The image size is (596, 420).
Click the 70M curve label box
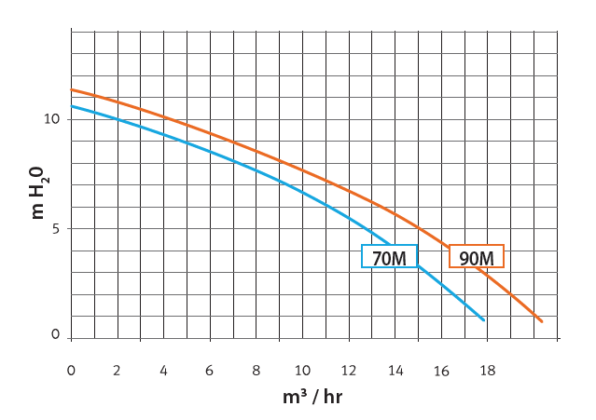point(389,256)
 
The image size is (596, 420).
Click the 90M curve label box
point(477,256)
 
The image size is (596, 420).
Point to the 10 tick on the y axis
point(51,119)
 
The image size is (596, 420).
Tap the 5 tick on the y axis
point(55,228)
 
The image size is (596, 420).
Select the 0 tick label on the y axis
point(55,335)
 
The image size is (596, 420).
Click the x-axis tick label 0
point(71,371)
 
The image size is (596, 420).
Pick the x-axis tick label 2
point(117,371)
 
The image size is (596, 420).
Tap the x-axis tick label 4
point(163,371)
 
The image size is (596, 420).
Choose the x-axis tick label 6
point(210,371)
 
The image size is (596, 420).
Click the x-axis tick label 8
point(256,371)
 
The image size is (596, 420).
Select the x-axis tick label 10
point(301,371)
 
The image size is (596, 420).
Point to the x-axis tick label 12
point(348,371)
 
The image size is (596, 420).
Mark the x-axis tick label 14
point(395,371)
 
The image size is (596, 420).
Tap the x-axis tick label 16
point(440,371)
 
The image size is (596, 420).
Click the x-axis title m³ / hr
point(312,397)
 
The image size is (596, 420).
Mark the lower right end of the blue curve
point(484,320)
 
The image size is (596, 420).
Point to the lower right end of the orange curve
point(542,321)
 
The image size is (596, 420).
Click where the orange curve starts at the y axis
point(72,90)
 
